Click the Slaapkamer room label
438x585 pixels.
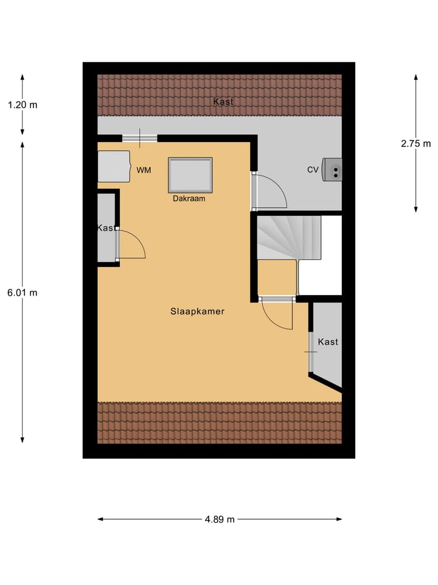198,311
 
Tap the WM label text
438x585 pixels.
144,170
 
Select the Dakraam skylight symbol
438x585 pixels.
190,175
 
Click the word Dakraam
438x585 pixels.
189,198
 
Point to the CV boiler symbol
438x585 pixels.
332,169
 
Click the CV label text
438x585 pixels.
313,170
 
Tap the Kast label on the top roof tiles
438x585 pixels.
223,102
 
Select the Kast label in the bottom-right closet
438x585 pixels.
328,342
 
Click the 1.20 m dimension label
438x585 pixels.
23,104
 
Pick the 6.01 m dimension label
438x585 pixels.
23,292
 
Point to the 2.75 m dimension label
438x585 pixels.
415,144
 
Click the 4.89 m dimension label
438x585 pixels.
220,519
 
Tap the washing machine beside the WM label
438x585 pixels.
114,166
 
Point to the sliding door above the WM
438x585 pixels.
139,138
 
